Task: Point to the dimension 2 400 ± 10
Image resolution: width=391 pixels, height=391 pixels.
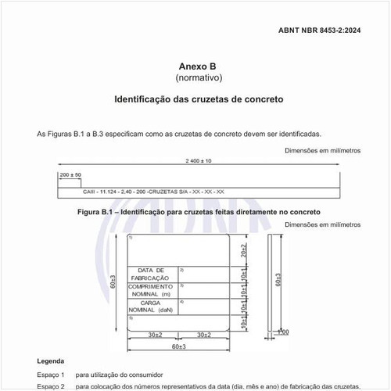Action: coord(199,160)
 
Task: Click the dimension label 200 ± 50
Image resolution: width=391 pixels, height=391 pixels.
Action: coord(70,174)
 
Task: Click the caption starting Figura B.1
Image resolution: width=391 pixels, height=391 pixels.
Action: coord(199,212)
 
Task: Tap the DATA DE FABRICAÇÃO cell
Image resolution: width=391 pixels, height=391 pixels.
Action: coord(151,274)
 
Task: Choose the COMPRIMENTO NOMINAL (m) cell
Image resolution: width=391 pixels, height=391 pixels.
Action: coord(151,290)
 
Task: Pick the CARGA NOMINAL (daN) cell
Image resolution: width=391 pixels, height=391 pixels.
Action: coord(151,306)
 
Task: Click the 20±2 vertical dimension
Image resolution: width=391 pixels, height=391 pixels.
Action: coord(244,249)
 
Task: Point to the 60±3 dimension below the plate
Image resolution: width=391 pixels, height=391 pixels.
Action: coord(178,346)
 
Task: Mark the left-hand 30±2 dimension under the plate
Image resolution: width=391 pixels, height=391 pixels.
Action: coord(153,335)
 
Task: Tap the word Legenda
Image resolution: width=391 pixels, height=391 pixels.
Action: coord(51,361)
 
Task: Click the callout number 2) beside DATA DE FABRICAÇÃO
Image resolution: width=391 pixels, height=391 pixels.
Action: coord(181,270)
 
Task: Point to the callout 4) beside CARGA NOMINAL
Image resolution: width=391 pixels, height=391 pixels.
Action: coord(181,302)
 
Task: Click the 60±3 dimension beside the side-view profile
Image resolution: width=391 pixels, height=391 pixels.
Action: coord(279,280)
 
